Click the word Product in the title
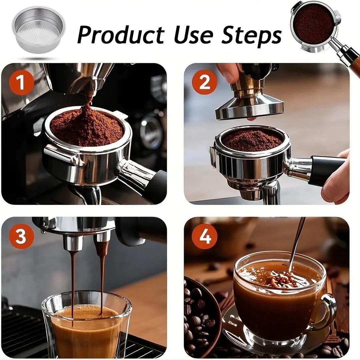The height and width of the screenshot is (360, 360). (x=121, y=34)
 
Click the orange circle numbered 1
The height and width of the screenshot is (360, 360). (x=21, y=83)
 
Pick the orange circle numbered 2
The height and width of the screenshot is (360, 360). (x=204, y=83)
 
